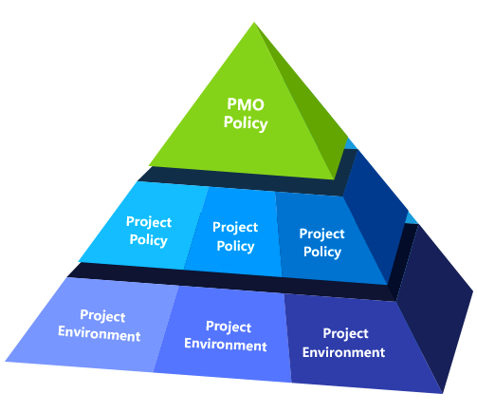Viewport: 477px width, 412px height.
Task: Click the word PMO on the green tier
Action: coord(246,104)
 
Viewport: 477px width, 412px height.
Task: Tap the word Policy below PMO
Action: coord(246,123)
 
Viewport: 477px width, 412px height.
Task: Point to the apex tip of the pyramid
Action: coord(254,23)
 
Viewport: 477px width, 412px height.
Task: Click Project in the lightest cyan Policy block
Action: coord(149,222)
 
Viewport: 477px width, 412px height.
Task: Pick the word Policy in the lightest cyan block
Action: coord(149,240)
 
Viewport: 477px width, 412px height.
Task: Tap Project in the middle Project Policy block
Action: coord(235,228)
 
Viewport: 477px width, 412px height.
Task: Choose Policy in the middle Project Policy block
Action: coord(235,246)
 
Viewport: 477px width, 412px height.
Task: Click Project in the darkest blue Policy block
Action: coord(321,234)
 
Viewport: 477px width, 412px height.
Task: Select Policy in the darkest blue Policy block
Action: coord(322,252)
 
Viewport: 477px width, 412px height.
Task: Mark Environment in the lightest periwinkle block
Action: coord(100,333)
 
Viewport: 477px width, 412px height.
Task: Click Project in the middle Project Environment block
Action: coord(229,327)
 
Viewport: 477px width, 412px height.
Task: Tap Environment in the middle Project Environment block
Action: coord(226,345)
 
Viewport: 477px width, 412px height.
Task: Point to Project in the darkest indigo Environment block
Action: coord(345,334)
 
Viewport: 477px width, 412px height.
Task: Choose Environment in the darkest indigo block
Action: coord(344,352)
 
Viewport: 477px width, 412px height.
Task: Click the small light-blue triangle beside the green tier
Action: coord(351,144)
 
